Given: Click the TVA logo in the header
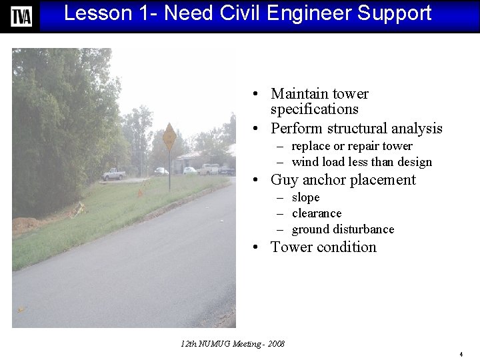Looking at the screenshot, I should click(x=21, y=16).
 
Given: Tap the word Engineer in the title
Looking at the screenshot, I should click(x=300, y=13).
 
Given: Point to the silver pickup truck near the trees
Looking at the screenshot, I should click(x=113, y=174).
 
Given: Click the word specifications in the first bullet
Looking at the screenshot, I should click(x=314, y=109).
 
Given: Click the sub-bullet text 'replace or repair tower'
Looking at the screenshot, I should click(x=352, y=146).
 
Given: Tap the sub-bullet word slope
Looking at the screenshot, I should click(x=305, y=198).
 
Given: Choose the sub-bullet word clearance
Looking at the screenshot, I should click(x=317, y=213).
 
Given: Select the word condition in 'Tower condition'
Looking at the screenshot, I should click(x=347, y=247).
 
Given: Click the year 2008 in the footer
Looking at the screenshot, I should click(x=275, y=344).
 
